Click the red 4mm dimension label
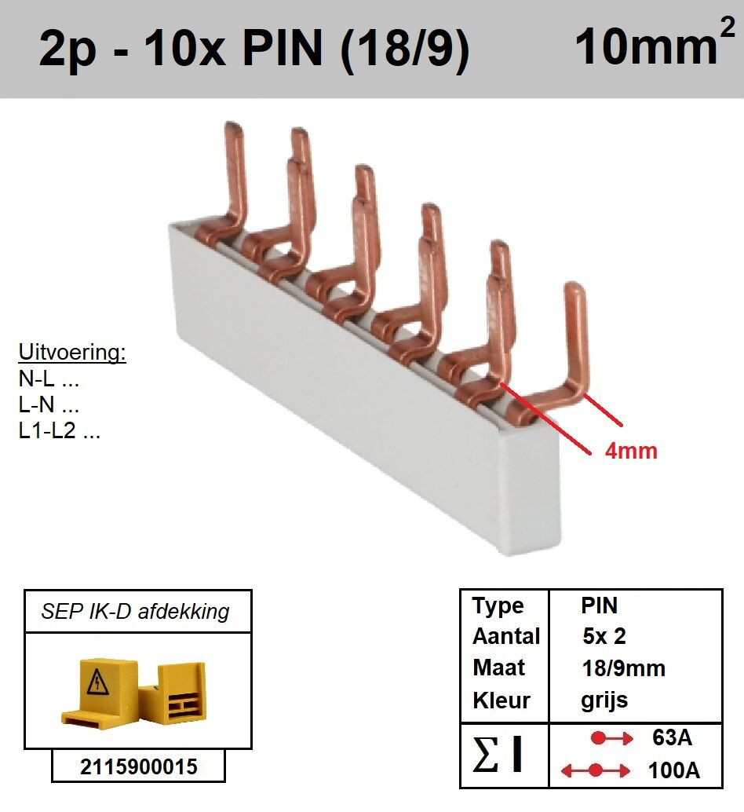(x=631, y=451)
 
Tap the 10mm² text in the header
(x=655, y=43)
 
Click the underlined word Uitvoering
(x=72, y=352)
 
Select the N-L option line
(x=49, y=379)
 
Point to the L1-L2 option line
(x=60, y=430)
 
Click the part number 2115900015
(x=139, y=766)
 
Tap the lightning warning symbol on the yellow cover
(x=97, y=681)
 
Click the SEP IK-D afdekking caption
(x=135, y=612)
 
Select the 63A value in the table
(x=672, y=737)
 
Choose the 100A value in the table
(x=673, y=770)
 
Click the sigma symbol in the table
(x=485, y=754)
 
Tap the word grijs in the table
(x=604, y=700)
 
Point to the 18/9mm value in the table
(x=623, y=668)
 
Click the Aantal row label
(x=506, y=636)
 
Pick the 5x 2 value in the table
(x=604, y=636)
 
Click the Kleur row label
(x=501, y=700)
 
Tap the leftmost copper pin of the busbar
(x=234, y=171)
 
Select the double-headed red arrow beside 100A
(x=596, y=770)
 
